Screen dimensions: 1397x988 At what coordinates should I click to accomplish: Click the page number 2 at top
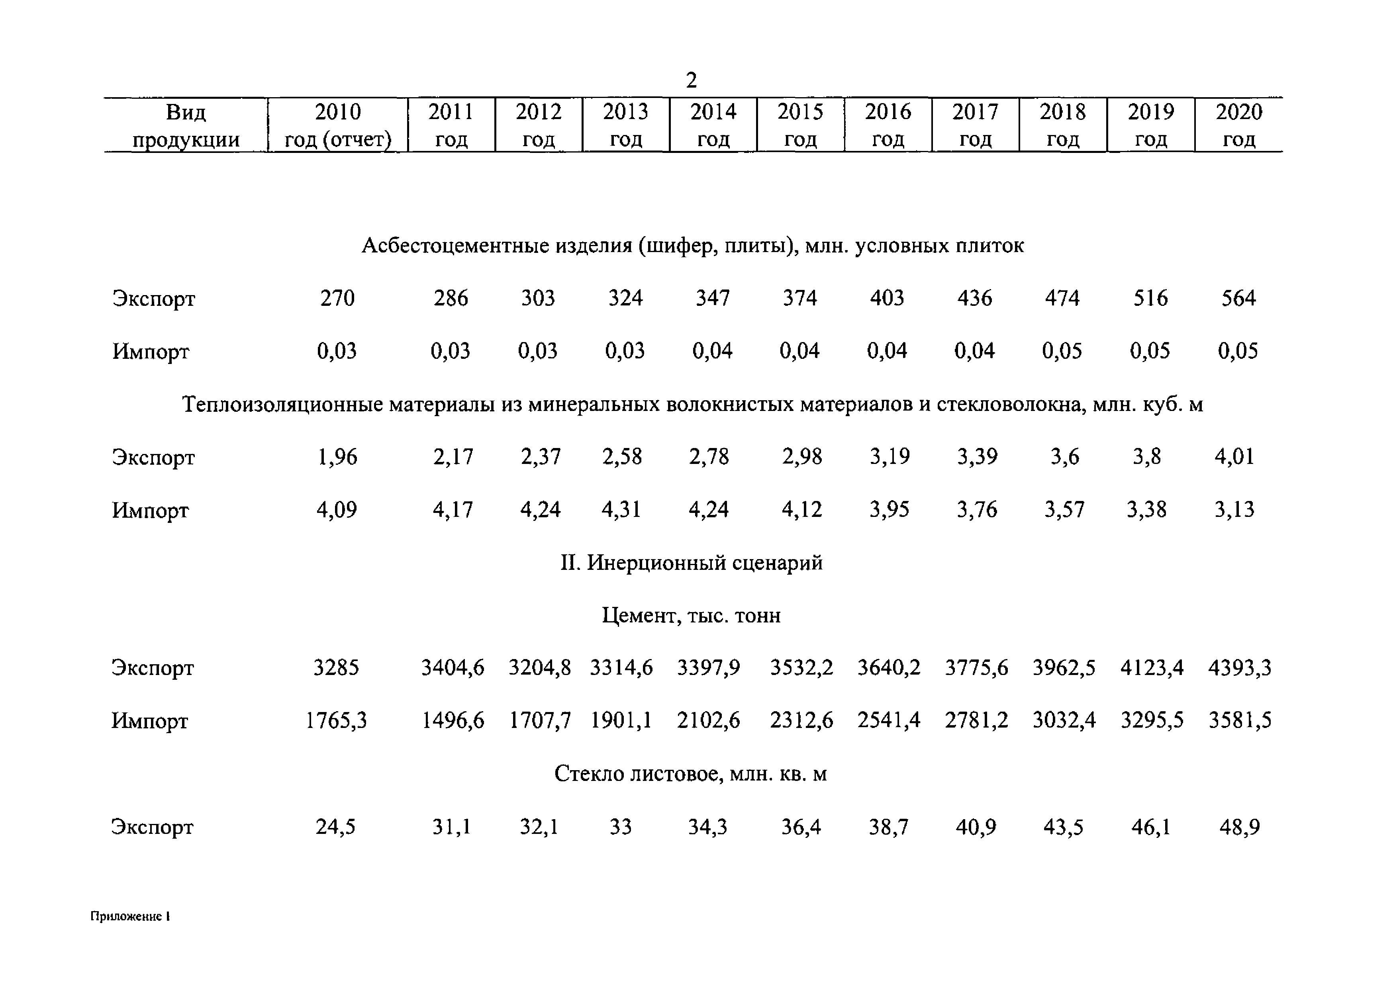691,80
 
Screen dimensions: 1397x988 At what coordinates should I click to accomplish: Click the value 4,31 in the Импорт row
621,509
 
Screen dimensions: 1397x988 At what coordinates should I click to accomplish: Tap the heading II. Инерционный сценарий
691,563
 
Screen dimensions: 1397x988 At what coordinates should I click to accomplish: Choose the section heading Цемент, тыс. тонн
691,616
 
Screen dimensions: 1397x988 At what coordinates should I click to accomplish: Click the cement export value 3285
336,668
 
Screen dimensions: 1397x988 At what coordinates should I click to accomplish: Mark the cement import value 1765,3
336,721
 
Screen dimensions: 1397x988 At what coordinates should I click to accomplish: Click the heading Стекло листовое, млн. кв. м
691,774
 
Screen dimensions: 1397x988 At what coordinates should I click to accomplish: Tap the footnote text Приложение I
130,916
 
